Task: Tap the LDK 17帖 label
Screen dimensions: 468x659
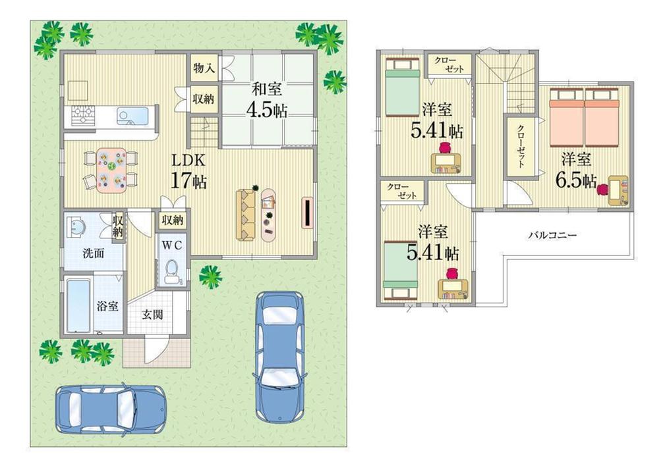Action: click(190, 171)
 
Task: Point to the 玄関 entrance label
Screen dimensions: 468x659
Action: click(154, 314)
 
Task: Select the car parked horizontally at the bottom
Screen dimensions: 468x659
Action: click(111, 408)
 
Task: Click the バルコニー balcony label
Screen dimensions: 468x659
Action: click(552, 235)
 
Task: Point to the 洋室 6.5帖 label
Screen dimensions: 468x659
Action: click(577, 170)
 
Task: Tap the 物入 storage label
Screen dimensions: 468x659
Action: click(202, 68)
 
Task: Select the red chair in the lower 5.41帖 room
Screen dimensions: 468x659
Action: click(452, 274)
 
